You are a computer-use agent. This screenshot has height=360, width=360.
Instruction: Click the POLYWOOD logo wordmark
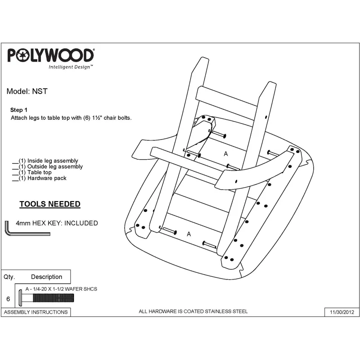click(51, 55)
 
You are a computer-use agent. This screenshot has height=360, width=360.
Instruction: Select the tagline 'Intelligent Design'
click(71, 67)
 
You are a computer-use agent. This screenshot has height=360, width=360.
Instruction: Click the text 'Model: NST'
click(27, 91)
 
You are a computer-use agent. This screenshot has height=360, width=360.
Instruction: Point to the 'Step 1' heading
click(19, 110)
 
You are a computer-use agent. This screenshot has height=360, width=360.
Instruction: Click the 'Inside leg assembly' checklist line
click(45, 161)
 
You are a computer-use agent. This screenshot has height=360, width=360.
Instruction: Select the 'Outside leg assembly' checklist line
click(48, 166)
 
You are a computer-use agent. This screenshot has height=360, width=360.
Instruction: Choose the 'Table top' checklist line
click(32, 172)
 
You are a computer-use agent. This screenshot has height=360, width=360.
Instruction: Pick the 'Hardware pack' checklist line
click(39, 178)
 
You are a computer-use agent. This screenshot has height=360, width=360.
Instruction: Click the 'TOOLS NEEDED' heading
click(50, 204)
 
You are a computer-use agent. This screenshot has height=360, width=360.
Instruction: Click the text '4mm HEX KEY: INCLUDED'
click(57, 223)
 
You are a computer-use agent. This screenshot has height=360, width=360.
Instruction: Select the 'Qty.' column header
click(9, 277)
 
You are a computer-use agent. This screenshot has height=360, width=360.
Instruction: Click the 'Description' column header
click(47, 277)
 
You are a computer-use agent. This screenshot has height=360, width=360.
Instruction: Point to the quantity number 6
click(8, 299)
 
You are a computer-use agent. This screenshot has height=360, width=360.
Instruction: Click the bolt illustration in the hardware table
click(46, 298)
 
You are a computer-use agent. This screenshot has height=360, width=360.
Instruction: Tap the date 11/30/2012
click(342, 312)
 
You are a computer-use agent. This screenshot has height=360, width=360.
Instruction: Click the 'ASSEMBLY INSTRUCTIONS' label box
click(36, 312)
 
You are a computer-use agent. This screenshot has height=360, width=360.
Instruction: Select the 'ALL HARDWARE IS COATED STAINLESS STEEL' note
click(193, 311)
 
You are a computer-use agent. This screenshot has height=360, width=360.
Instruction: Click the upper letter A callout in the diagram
click(226, 154)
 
